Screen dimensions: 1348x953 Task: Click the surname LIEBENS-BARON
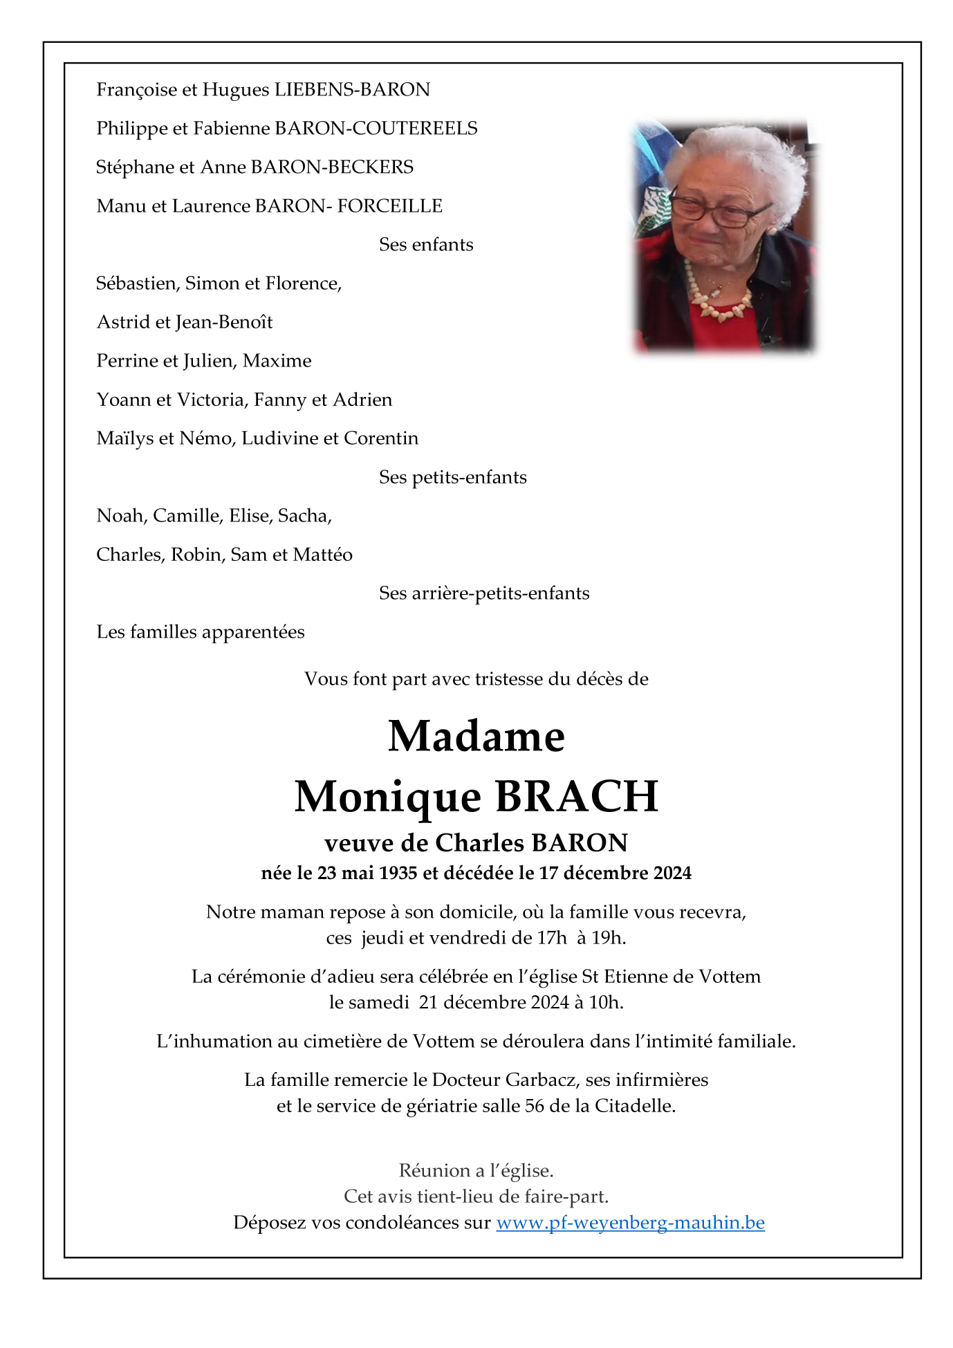[352, 90]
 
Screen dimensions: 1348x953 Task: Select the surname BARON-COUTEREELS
[376, 129]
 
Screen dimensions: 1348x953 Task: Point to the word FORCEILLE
[390, 206]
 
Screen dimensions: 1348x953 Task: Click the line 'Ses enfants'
[426, 245]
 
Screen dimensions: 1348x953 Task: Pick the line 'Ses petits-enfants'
[453, 477]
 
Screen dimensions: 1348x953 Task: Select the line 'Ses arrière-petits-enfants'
[484, 593]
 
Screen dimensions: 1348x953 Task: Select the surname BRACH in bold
[577, 797]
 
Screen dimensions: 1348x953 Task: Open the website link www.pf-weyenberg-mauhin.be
[630, 1223]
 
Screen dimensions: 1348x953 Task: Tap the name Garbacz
[540, 1080]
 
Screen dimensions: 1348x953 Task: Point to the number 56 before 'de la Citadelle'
[535, 1106]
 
